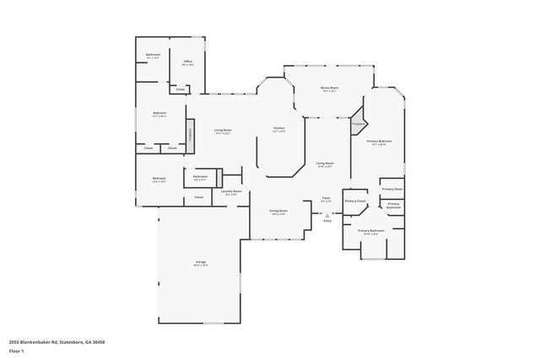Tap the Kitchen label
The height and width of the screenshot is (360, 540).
click(279, 129)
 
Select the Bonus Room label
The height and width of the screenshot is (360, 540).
click(329, 88)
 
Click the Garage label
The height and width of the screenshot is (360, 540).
click(201, 262)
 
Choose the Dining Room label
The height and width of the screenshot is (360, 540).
click(278, 211)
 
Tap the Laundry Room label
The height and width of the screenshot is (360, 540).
click(232, 191)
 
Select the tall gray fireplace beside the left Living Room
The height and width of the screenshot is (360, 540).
click(190, 134)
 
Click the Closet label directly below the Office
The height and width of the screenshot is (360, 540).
click(180, 89)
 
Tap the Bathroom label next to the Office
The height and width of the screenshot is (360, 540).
click(154, 56)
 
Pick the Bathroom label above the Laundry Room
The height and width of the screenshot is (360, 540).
click(200, 176)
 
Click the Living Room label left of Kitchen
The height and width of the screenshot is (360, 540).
click(223, 130)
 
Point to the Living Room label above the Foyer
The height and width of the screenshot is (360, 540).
click(324, 164)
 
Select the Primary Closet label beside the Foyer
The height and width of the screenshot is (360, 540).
click(355, 201)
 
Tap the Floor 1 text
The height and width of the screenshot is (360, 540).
click(17, 351)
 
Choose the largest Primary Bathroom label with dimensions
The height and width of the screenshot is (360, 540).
click(371, 230)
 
